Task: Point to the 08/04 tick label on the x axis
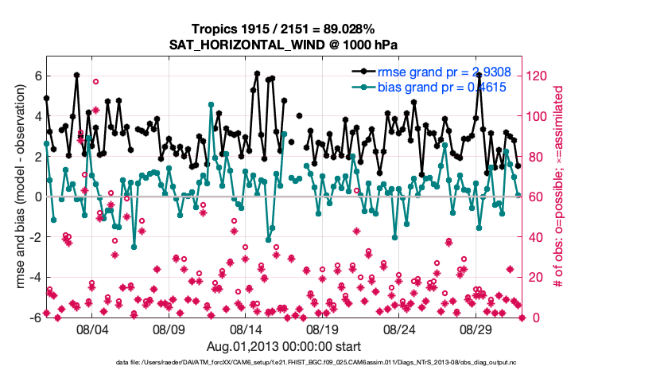[x=91, y=329]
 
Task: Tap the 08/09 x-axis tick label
[x=169, y=329]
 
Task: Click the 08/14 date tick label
[x=246, y=329]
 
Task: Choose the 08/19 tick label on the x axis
[x=323, y=329]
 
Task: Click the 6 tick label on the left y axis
[x=37, y=76]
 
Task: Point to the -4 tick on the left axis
[x=34, y=277]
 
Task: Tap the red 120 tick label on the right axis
[x=538, y=76]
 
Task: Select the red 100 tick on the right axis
[x=538, y=116]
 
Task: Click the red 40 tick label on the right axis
[x=535, y=237]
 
